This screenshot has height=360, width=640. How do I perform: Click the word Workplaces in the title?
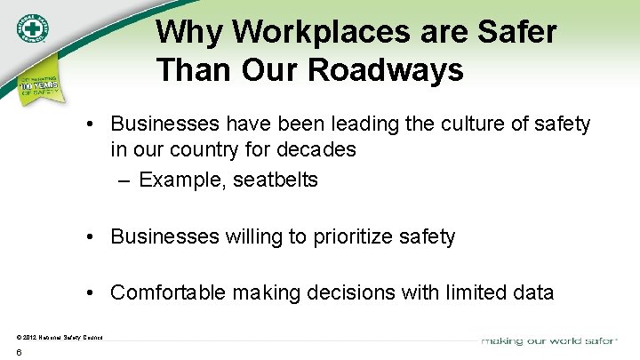[293, 33]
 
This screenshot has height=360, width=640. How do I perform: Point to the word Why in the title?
[185, 33]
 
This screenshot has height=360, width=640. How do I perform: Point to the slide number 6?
[19, 353]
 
